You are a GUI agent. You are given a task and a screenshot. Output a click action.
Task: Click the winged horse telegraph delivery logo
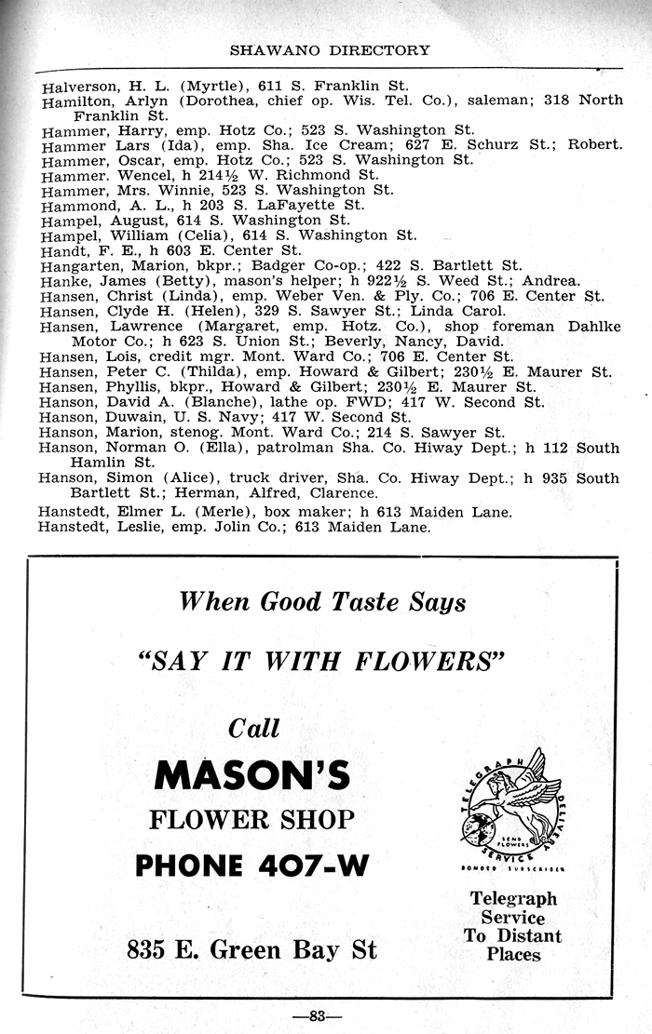coord(511,805)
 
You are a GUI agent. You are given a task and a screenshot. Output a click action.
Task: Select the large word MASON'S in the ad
coord(251,775)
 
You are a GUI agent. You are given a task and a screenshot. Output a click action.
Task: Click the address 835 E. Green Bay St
coord(251,950)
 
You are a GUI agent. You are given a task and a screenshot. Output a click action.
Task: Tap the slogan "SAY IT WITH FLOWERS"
coord(320,662)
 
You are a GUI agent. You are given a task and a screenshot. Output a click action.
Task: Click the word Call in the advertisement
coord(254,728)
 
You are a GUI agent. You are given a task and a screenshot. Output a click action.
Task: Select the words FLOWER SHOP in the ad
coord(251,820)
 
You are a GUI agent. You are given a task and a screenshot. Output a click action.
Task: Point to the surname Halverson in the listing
coord(76,86)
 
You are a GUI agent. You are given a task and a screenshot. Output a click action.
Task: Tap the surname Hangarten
coord(79,265)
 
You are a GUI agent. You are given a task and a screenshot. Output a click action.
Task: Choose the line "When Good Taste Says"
coord(322,602)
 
